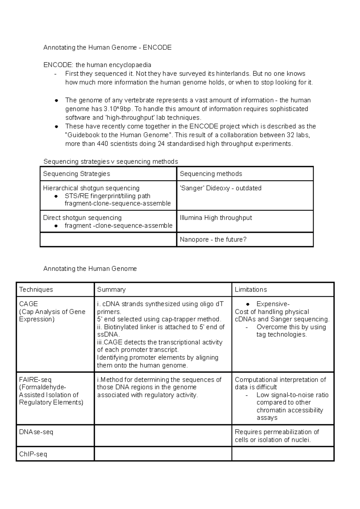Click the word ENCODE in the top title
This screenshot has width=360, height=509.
click(157, 47)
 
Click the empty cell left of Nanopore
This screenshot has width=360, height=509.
click(108, 239)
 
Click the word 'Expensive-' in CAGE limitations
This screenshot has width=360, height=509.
click(273, 304)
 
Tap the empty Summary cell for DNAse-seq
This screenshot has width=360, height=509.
click(163, 436)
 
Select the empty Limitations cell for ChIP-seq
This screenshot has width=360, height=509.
click(283, 454)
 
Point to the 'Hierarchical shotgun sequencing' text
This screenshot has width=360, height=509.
click(91, 188)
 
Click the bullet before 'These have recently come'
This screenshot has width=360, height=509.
click(56, 127)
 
